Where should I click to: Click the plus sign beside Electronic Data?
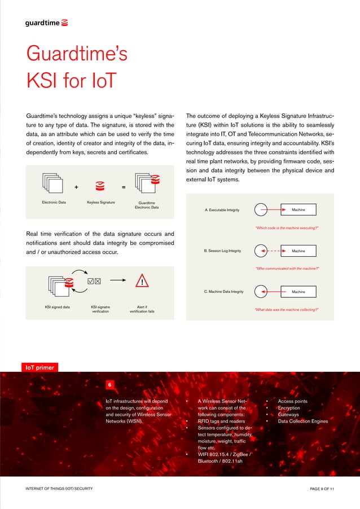point(76,188)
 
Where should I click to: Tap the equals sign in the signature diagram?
point(124,188)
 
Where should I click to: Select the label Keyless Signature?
point(100,202)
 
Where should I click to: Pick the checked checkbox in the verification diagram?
point(90,281)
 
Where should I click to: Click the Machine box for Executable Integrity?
point(298,210)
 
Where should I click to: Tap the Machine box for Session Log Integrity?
point(298,251)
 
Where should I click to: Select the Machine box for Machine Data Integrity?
point(298,292)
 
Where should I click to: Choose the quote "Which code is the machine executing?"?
point(288,227)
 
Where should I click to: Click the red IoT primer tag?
point(38,367)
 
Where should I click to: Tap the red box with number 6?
point(110,385)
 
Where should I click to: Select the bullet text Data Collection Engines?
point(302,421)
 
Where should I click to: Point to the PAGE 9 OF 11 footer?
point(318,488)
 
